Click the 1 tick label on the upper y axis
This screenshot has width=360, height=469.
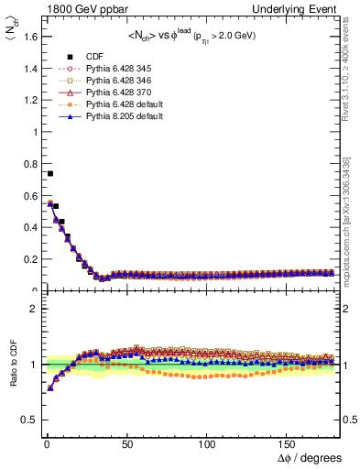33,131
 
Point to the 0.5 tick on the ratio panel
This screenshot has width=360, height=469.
28,420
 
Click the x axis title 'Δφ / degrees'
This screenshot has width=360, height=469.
309,457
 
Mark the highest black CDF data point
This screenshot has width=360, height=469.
49,173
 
